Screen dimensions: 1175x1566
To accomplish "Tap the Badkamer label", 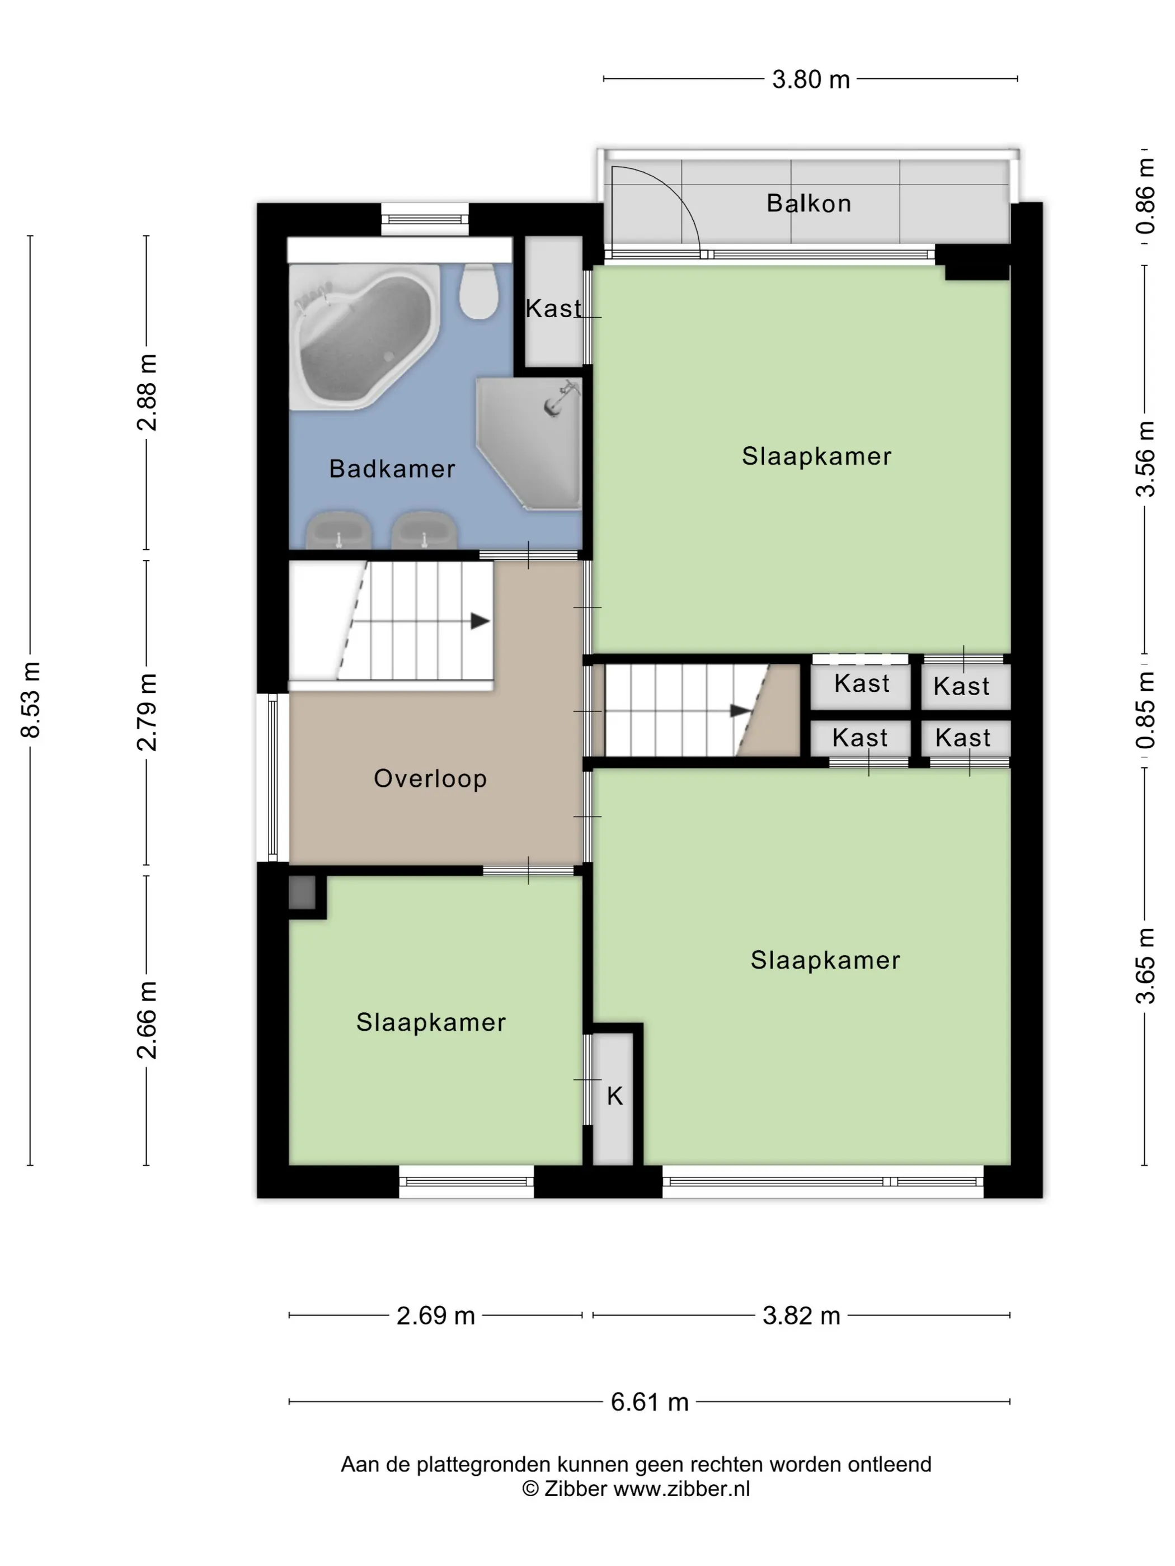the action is coord(392,468).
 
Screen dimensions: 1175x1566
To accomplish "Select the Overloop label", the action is coord(430,778).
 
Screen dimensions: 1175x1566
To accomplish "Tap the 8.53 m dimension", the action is coord(30,700).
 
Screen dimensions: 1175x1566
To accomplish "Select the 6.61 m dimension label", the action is coord(650,1402).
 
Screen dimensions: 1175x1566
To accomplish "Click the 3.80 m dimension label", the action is coord(810,79).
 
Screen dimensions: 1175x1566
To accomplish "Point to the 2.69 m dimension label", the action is coord(435,1315).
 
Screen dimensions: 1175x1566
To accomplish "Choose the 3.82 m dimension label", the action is coord(801,1315).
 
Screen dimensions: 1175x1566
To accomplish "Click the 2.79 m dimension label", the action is coord(147,712).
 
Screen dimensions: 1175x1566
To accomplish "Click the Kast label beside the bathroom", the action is coord(553,309).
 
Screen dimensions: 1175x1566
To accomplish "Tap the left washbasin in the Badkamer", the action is coord(339,530).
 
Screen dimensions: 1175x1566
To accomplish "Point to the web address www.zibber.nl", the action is coord(681,1488).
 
